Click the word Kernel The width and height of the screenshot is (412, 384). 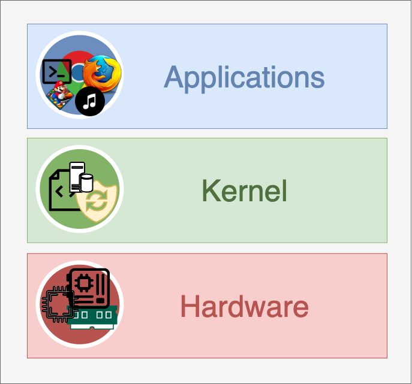coord(245,191)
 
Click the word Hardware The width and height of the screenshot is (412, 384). coord(244,307)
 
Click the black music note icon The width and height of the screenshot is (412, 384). coord(90,102)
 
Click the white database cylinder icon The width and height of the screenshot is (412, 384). coord(86,184)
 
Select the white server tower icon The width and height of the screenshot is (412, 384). coord(76,177)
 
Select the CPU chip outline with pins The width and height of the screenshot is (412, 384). coord(58,304)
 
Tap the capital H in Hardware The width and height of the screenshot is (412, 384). coord(190,307)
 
